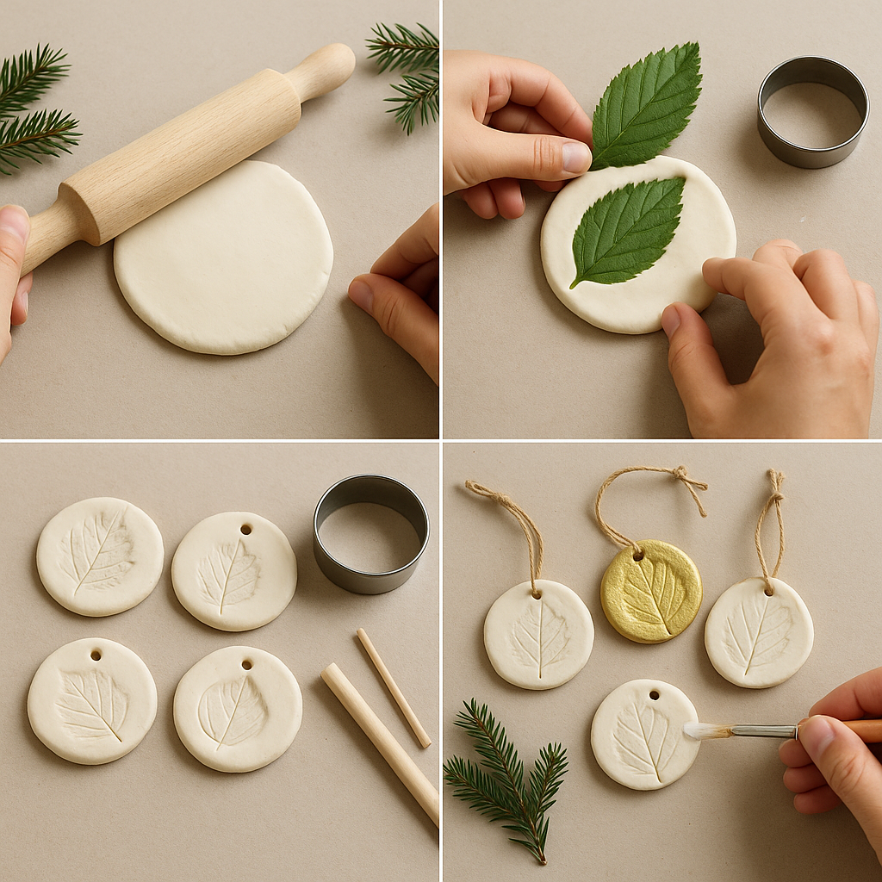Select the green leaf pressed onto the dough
(628, 228)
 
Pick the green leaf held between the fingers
(646, 103)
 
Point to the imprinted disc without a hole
(100, 556)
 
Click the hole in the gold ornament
(639, 556)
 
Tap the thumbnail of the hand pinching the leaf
(575, 156)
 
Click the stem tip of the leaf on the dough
(573, 283)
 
